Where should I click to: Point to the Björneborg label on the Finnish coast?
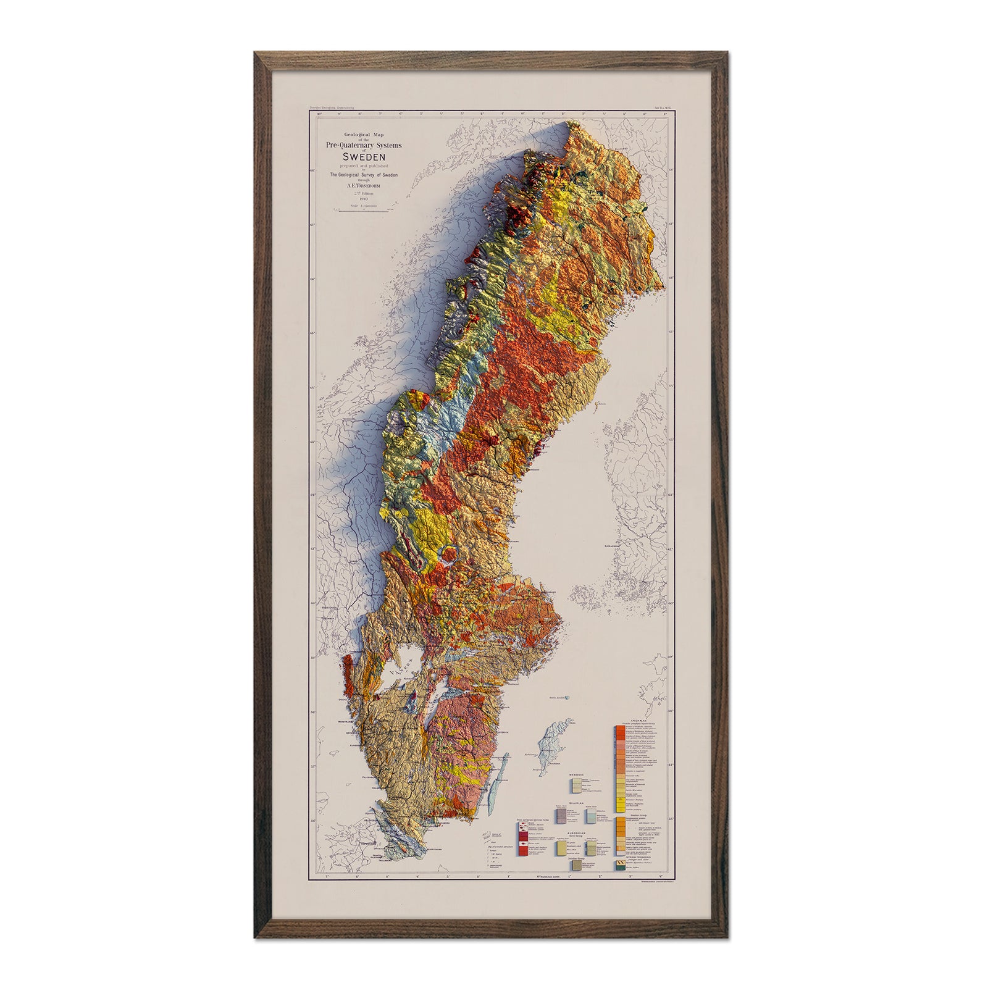617,546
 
